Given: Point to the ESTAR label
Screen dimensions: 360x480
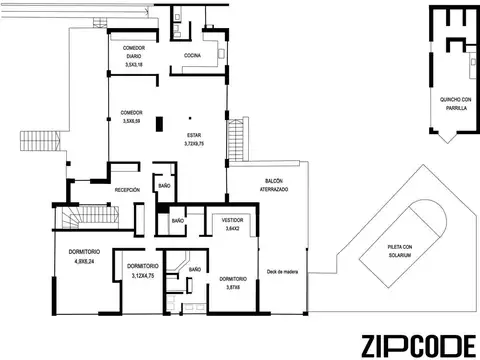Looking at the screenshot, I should click(x=193, y=135).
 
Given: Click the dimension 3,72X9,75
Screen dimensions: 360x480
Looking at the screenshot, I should click(x=193, y=144).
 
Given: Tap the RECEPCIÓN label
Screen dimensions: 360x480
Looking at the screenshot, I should click(x=127, y=188).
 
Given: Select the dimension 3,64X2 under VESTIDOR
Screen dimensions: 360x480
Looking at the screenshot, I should click(x=233, y=229).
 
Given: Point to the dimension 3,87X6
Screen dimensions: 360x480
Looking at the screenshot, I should click(x=233, y=288).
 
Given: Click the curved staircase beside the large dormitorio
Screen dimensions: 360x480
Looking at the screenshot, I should click(x=72, y=218).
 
